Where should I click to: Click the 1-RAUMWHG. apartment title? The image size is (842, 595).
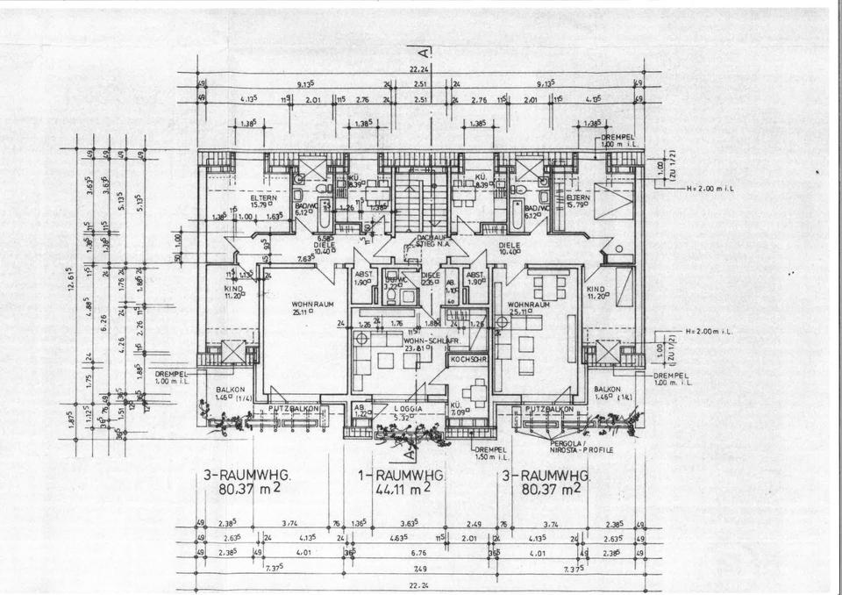403,475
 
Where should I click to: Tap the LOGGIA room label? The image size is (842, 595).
404,409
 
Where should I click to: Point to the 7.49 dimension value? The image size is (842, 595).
420,568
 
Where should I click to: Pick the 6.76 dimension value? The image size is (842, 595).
417,553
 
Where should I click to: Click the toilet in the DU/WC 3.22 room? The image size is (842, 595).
407,297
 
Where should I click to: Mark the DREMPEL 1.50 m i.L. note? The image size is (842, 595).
492,453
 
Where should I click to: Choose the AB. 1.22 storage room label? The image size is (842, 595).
361,410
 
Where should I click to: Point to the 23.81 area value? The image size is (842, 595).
414,348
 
